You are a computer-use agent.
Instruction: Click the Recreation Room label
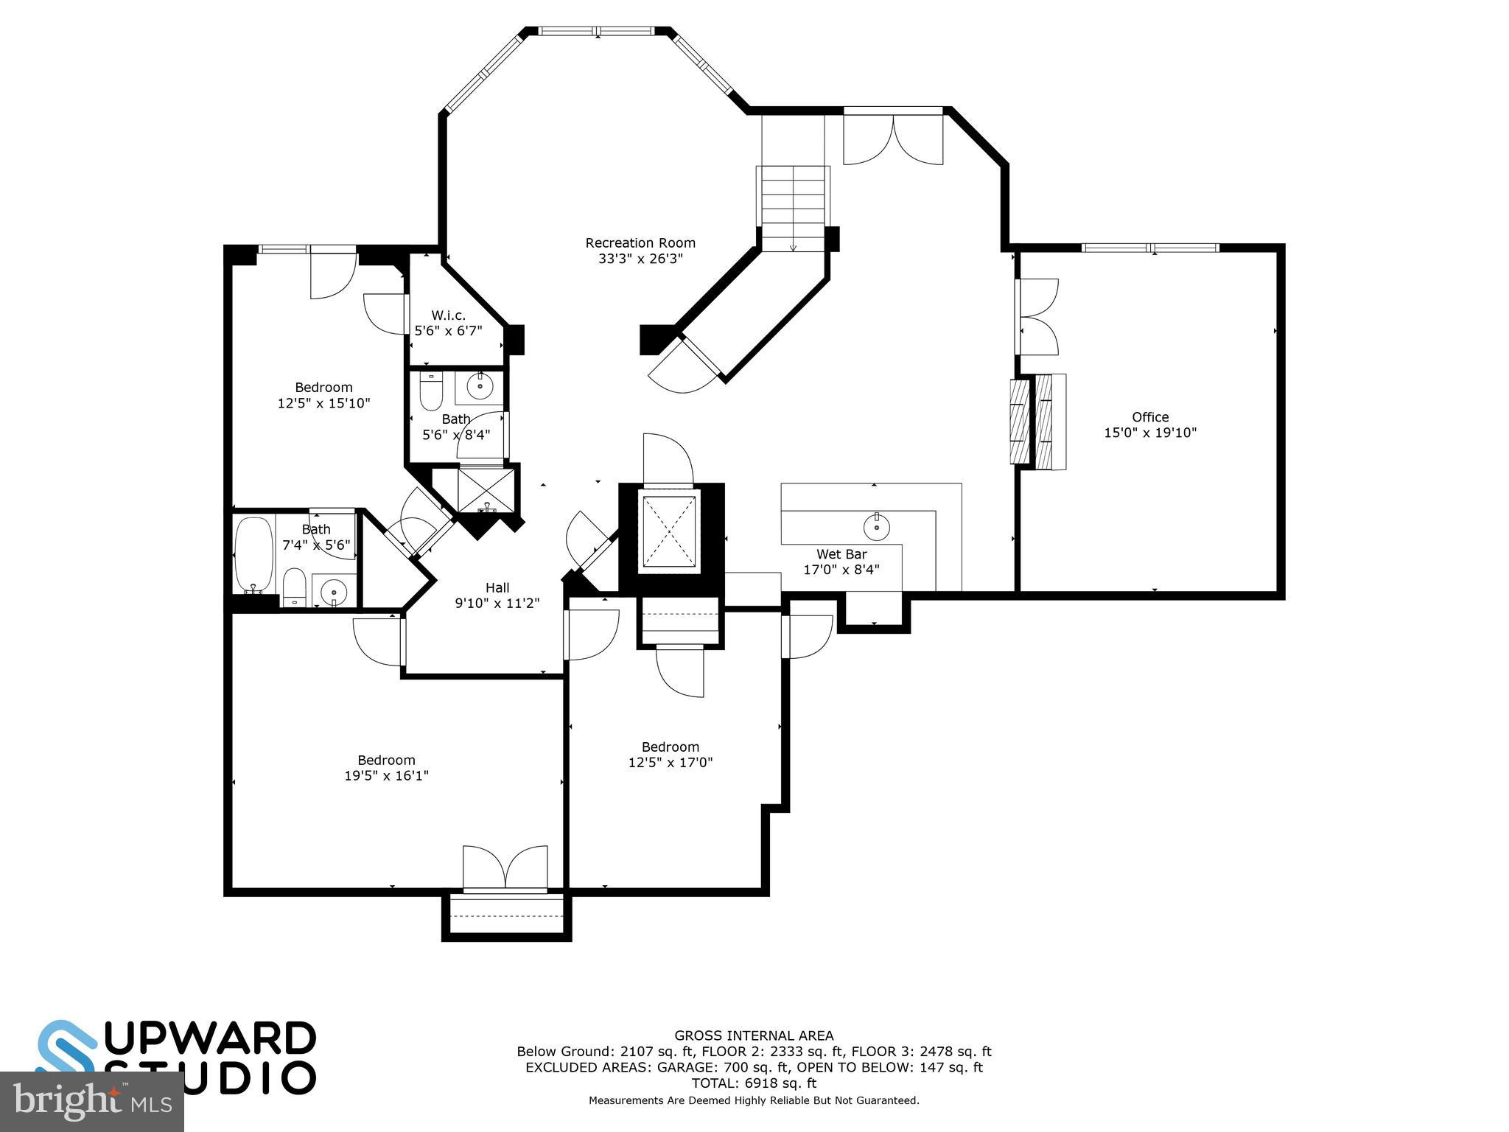[640, 243]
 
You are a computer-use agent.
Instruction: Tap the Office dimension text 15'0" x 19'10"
[1149, 433]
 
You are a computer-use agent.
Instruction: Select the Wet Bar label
[841, 554]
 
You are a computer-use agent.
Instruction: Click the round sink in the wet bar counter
[876, 526]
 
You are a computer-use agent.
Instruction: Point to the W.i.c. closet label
[448, 315]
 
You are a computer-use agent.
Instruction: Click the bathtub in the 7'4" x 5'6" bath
[253, 553]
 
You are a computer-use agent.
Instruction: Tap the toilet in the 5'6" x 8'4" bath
[431, 391]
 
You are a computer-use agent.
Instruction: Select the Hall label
[497, 587]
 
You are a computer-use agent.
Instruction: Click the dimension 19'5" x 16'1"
[386, 775]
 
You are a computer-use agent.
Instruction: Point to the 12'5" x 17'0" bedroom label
[670, 747]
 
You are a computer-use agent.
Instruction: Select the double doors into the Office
[1037, 317]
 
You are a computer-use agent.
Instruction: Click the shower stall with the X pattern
[486, 489]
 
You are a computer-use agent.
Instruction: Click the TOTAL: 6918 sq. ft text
[753, 1083]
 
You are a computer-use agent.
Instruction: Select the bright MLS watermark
[91, 1102]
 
